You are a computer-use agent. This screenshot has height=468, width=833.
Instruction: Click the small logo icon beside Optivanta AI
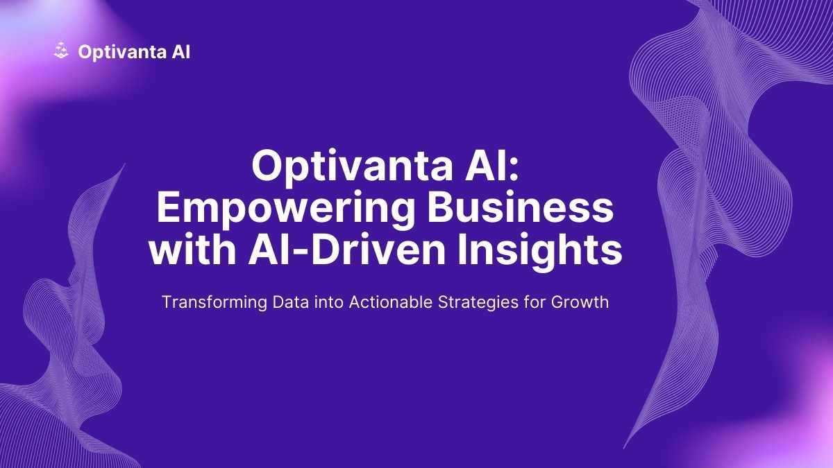point(61,51)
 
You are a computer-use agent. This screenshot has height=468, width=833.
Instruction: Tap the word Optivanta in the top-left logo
point(122,53)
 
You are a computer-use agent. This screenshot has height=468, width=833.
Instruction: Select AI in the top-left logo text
point(181,51)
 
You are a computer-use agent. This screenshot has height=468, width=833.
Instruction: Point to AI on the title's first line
point(483,166)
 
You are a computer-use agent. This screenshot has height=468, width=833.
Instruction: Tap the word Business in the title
point(520,207)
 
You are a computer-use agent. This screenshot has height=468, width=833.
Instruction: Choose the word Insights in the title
point(539,252)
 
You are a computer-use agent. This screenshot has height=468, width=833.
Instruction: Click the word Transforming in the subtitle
point(214,303)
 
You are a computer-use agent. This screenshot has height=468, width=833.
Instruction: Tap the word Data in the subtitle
point(290,302)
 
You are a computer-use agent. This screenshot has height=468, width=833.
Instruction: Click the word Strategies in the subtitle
point(478,303)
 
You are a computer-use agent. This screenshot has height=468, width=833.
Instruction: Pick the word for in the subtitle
point(535,302)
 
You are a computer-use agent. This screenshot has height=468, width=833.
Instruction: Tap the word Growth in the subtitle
point(580,302)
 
